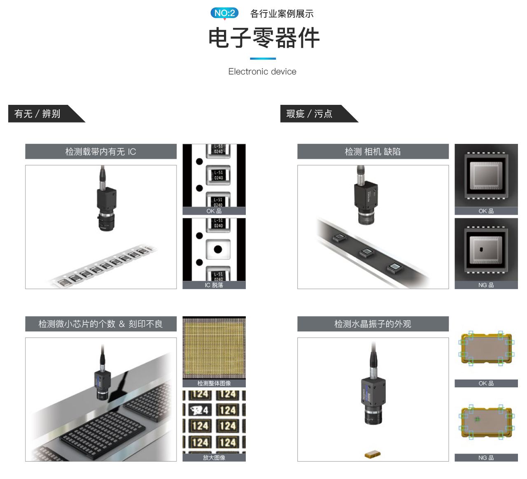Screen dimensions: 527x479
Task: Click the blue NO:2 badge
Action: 224,13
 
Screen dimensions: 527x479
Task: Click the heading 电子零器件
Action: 263,38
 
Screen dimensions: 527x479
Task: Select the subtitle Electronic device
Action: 262,72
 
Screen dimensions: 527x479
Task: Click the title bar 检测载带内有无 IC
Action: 101,151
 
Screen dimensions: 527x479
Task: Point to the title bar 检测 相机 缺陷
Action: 373,151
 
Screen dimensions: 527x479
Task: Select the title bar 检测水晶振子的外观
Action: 373,324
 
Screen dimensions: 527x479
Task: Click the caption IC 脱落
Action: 214,285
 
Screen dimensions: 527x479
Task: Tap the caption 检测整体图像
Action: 214,383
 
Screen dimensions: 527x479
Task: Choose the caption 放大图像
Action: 214,458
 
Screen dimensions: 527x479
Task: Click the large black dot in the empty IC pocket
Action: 218,249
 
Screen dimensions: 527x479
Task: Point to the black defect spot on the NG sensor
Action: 481,249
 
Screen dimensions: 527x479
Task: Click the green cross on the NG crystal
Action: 477,419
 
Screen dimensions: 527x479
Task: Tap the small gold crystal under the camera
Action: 373,454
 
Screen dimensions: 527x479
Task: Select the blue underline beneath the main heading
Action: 263,58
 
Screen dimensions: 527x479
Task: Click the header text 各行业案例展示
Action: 282,14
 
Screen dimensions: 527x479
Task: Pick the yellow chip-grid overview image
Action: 214,348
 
